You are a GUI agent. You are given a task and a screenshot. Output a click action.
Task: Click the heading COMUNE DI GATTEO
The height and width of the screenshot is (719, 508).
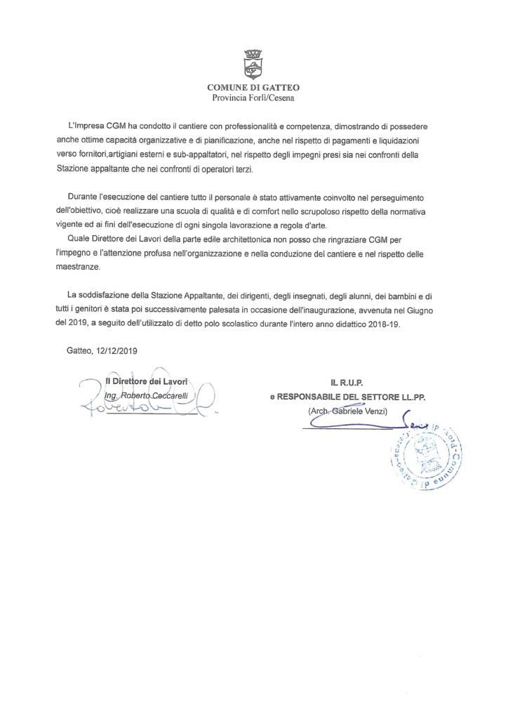253,87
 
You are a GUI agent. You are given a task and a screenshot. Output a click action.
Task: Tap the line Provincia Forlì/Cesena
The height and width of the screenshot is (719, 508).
253,98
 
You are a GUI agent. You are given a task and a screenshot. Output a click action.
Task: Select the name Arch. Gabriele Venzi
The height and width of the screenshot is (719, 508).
348,409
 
